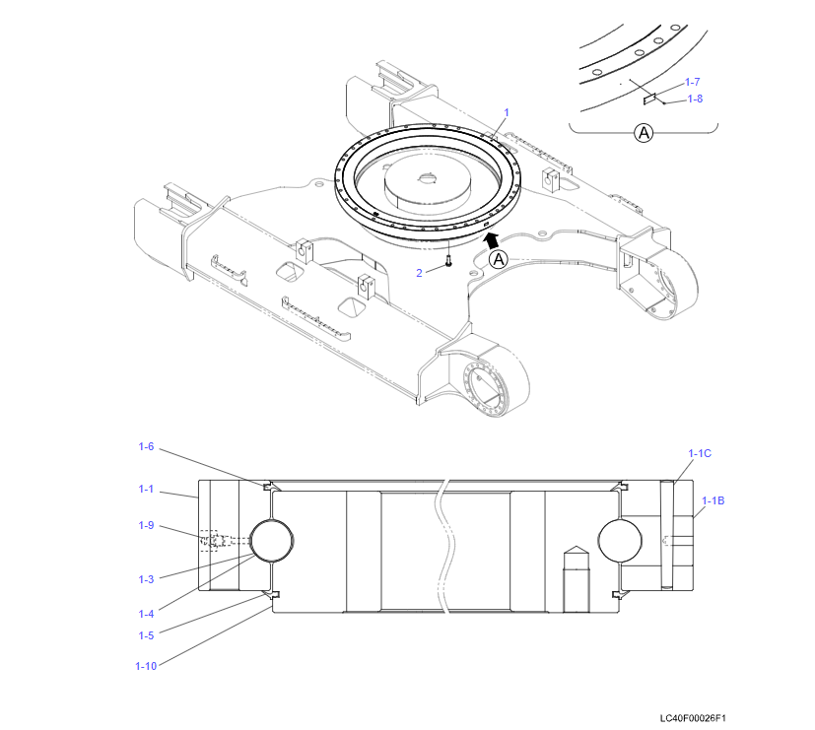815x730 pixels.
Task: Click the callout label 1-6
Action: click(x=146, y=446)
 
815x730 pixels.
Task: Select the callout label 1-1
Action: click(x=146, y=489)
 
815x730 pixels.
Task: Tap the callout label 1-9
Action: click(x=146, y=525)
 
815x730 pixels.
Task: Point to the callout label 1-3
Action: click(x=146, y=578)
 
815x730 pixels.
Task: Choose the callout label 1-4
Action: click(x=146, y=614)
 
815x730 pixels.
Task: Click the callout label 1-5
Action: click(x=146, y=635)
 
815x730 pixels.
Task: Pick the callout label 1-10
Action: click(x=145, y=666)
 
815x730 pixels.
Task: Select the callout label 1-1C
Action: click(x=700, y=453)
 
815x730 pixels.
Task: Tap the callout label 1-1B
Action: click(x=713, y=500)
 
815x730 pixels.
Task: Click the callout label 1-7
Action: click(x=693, y=82)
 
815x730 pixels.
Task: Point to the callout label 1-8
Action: click(x=695, y=99)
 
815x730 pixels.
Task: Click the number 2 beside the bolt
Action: click(x=419, y=273)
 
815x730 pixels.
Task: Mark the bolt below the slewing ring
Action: click(x=448, y=261)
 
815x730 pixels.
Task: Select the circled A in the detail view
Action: click(x=644, y=132)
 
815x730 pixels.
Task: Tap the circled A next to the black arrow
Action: click(x=499, y=259)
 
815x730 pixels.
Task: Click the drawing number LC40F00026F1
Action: click(x=700, y=719)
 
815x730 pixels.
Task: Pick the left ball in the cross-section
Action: click(x=272, y=541)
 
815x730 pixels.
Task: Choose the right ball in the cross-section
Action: click(x=620, y=541)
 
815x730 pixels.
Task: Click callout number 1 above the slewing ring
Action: click(x=507, y=112)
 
